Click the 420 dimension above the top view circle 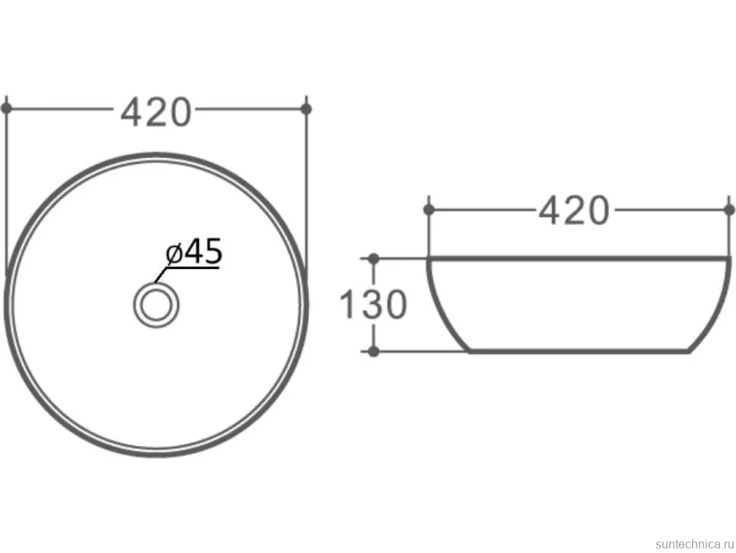156,112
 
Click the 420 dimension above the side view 574,210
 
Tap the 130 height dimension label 373,305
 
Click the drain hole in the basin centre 156,305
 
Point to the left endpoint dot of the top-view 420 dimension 6,109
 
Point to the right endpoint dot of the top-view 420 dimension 306,109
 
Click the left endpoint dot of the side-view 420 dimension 429,210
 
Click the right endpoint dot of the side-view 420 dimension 729,210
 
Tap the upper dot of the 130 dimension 373,258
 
